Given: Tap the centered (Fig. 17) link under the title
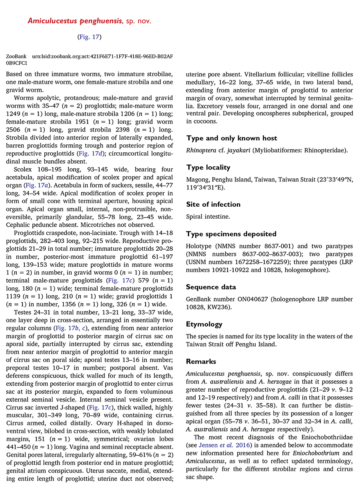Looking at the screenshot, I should click(x=89, y=37).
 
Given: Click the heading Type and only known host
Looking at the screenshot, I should click(x=232, y=138).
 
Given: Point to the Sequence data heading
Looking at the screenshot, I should click(x=211, y=287).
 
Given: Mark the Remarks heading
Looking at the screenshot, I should click(x=201, y=361).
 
